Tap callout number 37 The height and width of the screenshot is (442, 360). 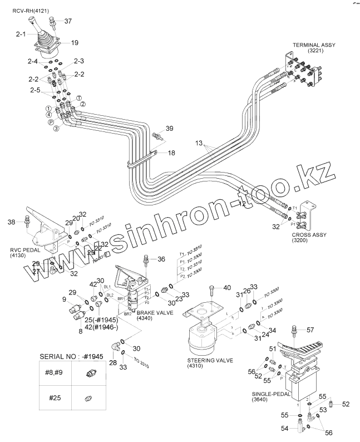click(68, 21)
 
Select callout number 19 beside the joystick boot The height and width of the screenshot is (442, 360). click(75, 42)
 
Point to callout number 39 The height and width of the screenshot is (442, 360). click(169, 129)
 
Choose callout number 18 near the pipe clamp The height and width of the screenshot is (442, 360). click(171, 153)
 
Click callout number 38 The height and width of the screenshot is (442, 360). click(11, 223)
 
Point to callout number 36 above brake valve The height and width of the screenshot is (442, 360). click(161, 259)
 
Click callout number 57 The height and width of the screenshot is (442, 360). click(310, 330)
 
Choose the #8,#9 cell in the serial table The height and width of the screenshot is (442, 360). click(52, 375)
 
